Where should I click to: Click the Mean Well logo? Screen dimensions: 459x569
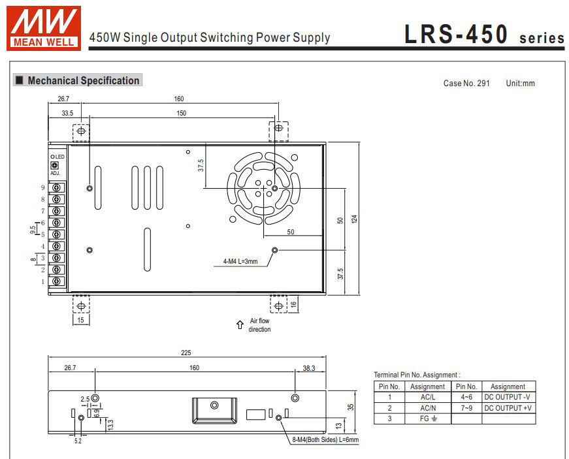(44, 27)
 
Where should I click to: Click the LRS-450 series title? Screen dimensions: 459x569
(483, 35)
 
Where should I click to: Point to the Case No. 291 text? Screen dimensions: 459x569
(466, 84)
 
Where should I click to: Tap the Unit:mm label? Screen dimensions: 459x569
(520, 84)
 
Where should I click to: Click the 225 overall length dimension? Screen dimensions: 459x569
(186, 353)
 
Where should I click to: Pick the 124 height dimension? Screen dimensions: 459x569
(355, 219)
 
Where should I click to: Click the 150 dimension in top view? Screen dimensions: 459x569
(181, 114)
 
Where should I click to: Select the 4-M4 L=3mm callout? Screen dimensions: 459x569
(240, 262)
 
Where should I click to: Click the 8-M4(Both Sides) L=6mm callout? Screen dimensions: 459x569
(325, 440)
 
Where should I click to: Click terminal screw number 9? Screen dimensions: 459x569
(57, 187)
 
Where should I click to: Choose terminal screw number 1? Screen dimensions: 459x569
(57, 281)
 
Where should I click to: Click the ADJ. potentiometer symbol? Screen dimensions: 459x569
(54, 166)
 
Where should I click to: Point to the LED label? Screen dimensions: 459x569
(57, 157)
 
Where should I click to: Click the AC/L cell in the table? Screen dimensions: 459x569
(427, 397)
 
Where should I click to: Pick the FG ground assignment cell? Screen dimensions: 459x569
(427, 419)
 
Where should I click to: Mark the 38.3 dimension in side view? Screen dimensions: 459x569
(309, 368)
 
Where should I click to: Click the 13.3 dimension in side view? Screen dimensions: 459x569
(110, 424)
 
